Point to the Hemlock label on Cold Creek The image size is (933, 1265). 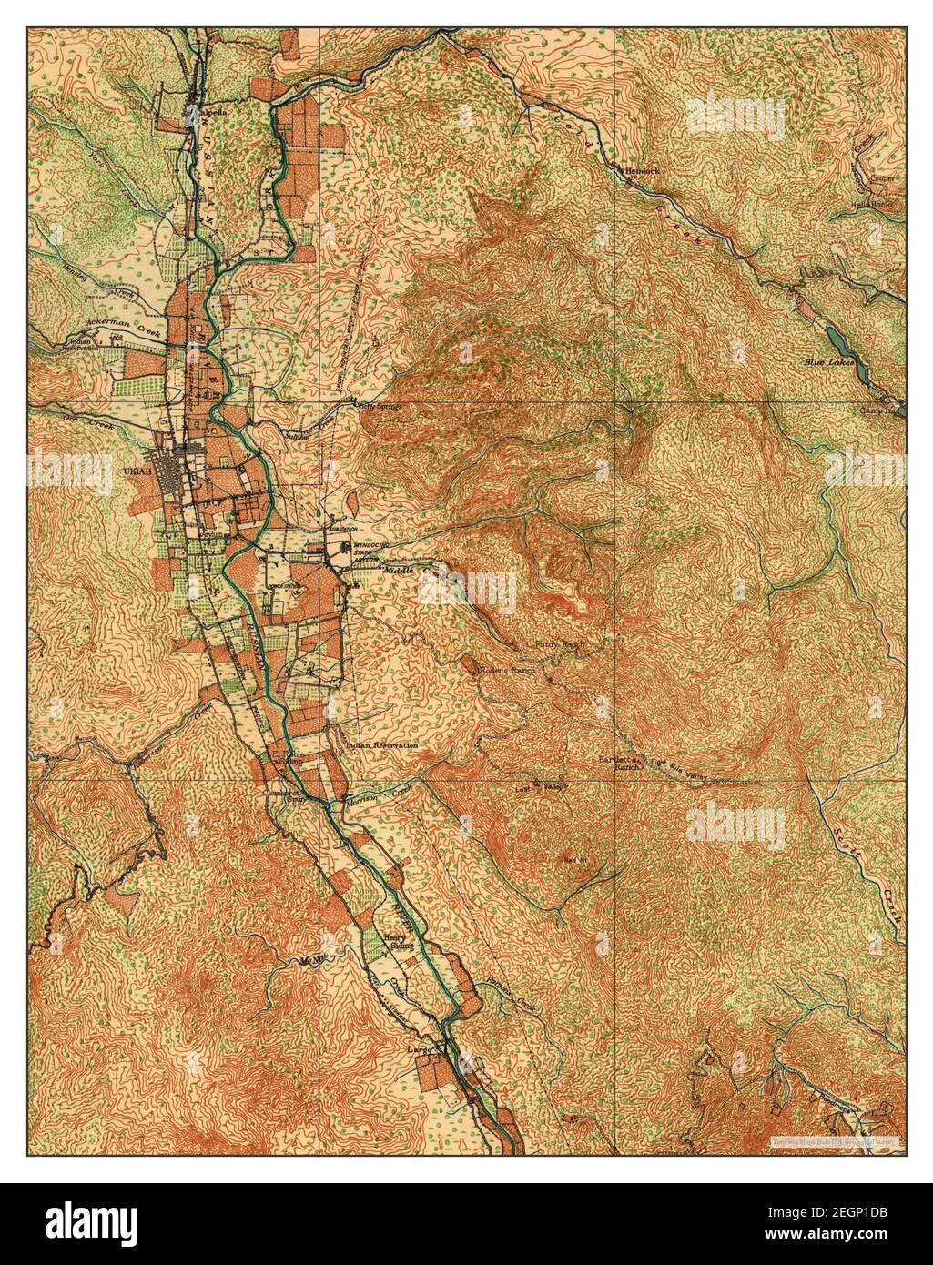tap(642, 170)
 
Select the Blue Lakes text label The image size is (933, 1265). tap(827, 362)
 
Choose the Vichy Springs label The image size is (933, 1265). tap(380, 406)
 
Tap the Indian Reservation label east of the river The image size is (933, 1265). tap(382, 744)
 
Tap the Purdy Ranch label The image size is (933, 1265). tap(559, 644)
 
